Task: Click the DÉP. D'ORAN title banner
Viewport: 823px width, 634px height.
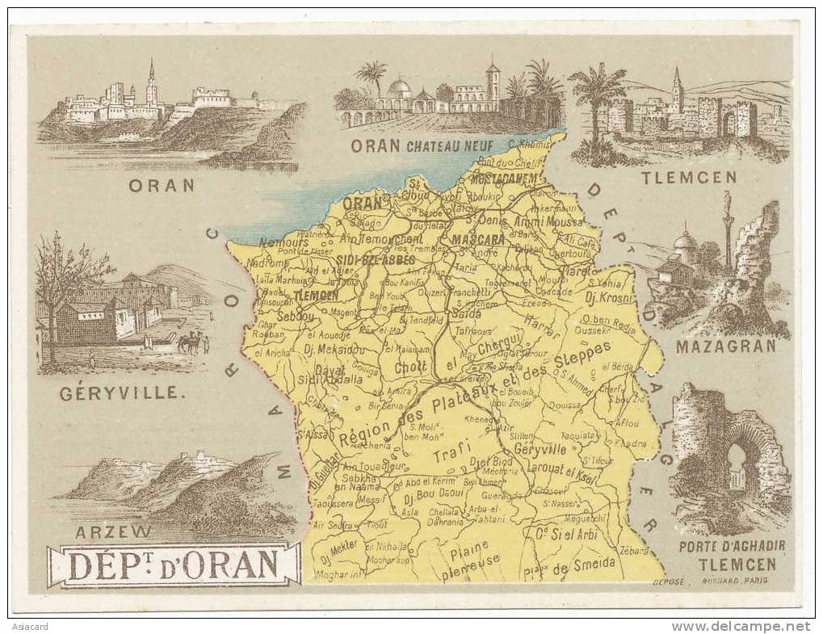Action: [x=174, y=565]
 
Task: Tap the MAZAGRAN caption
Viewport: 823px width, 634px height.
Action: [x=725, y=346]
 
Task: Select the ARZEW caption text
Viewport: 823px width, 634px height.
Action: [x=112, y=531]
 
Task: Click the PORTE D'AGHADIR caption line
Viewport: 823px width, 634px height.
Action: [x=732, y=546]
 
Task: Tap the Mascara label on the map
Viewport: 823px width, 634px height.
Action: [x=478, y=239]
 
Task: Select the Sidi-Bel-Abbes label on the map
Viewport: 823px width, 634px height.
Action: [x=376, y=260]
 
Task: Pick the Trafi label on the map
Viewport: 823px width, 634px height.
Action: [x=450, y=456]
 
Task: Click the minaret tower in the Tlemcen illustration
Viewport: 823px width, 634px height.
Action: [x=677, y=90]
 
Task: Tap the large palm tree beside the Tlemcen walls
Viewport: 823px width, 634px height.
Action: [x=598, y=105]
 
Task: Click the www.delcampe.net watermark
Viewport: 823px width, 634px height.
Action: [x=740, y=627]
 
